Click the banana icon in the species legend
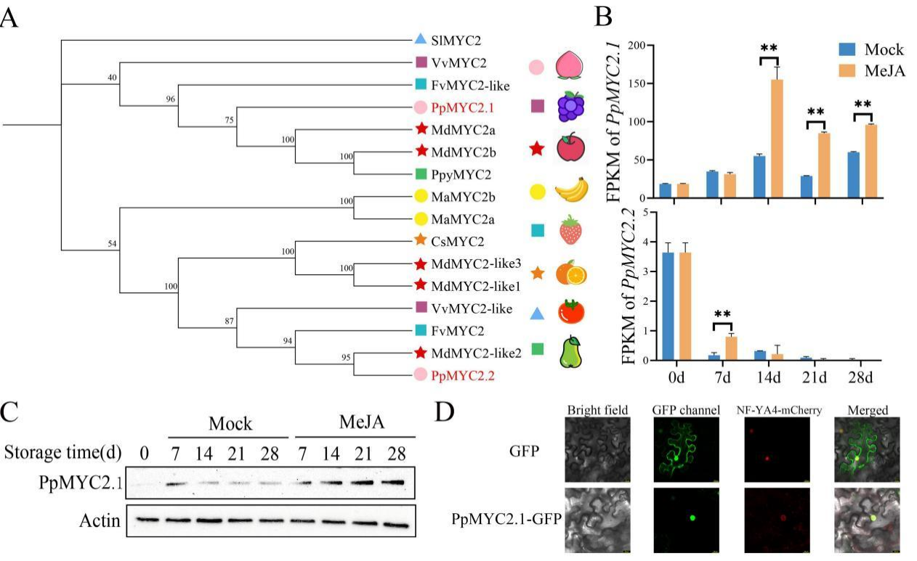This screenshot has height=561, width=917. pos(571,191)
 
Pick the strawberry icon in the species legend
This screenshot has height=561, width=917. pos(571,230)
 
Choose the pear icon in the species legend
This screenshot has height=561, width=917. pos(571,351)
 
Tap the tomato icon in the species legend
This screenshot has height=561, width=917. pos(571,311)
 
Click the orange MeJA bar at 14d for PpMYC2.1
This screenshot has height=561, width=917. pos(777,139)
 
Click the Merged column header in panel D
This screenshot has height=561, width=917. pos(868,410)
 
